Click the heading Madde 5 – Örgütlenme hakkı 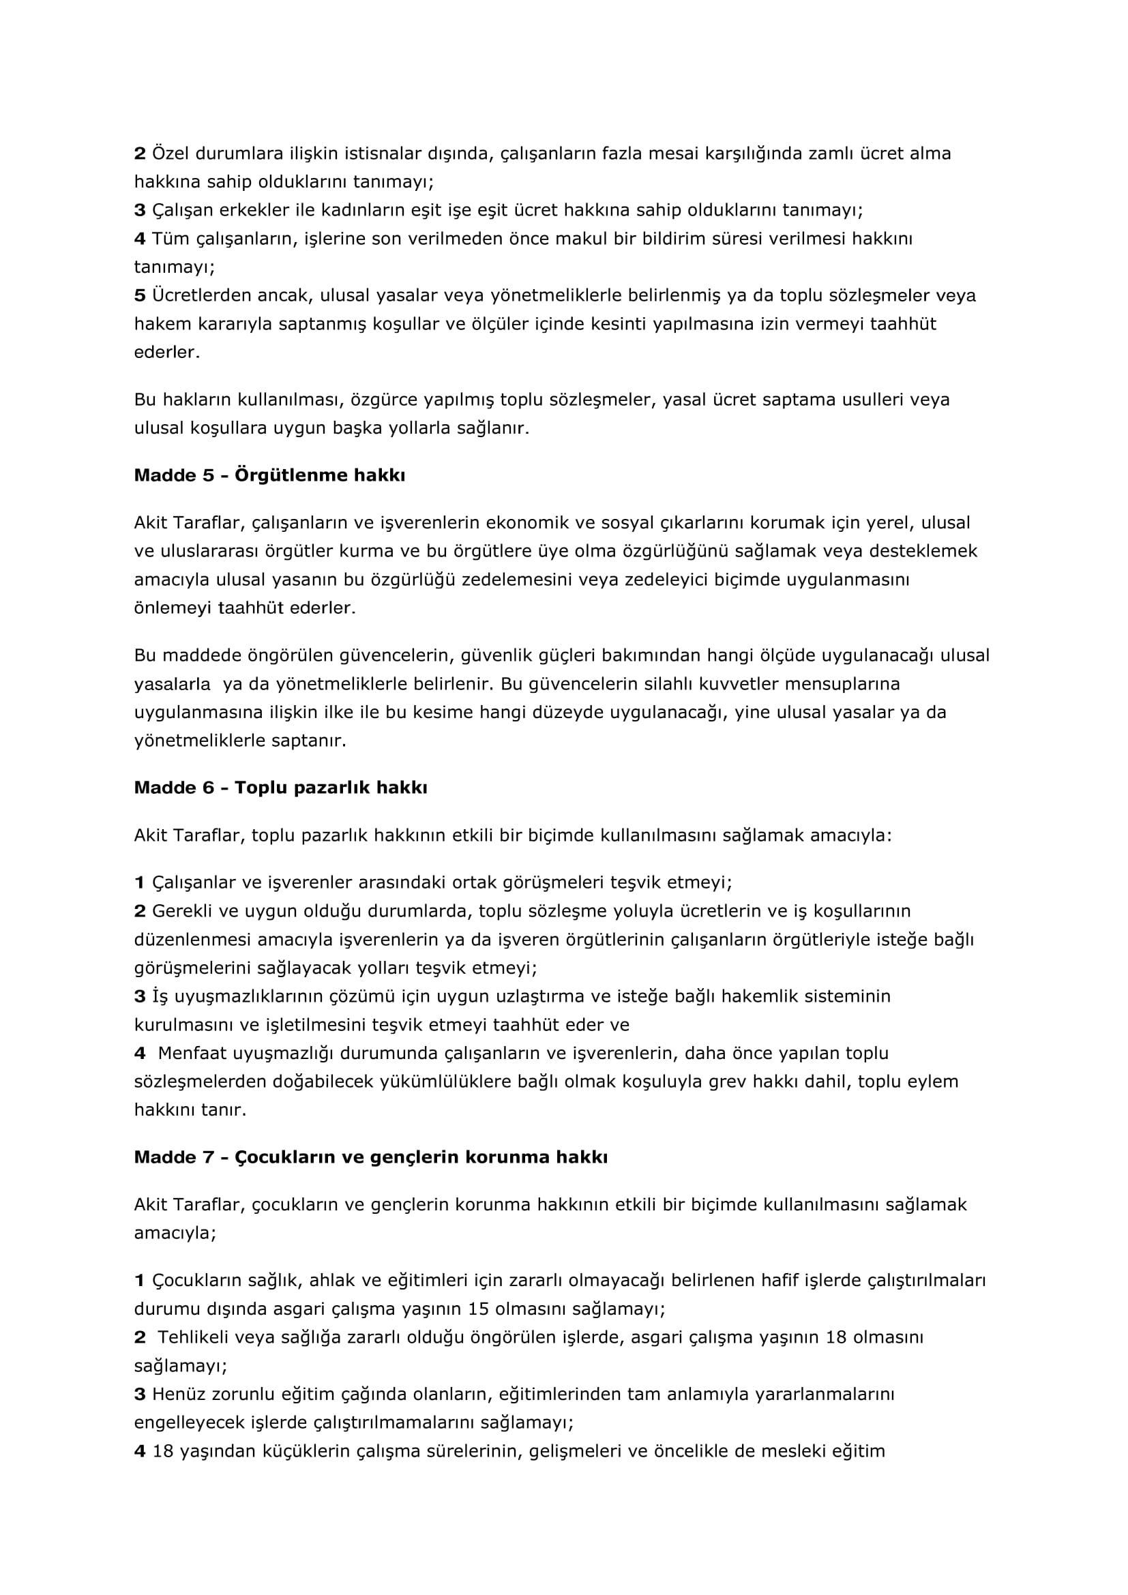coord(269,476)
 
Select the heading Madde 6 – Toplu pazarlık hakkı coord(280,788)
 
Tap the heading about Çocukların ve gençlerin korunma coord(370,1157)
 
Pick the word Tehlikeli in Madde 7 coord(194,1337)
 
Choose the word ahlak coord(332,1281)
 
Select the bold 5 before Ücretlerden coord(140,296)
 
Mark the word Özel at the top coord(171,153)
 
